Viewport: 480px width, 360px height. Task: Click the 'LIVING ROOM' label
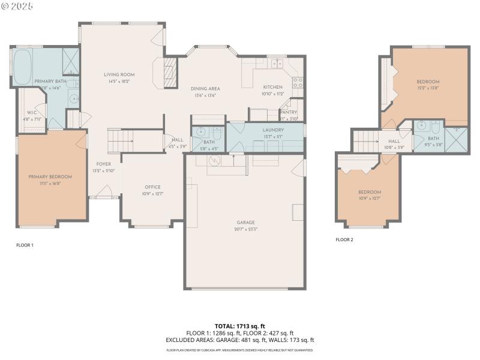pyautogui.click(x=118, y=74)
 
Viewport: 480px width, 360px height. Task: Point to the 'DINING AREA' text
pyautogui.click(x=205, y=89)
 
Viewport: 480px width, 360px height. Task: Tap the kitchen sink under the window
pyautogui.click(x=277, y=64)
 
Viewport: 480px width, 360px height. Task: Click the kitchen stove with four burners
pyautogui.click(x=296, y=83)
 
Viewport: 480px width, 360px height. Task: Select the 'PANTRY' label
pyautogui.click(x=289, y=112)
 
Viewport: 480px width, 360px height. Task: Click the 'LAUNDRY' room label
pyautogui.click(x=273, y=130)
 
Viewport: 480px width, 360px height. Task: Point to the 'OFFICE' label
pyautogui.click(x=152, y=187)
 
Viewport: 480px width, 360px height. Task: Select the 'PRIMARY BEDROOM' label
pyautogui.click(x=50, y=176)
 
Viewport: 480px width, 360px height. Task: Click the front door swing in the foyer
pyautogui.click(x=103, y=192)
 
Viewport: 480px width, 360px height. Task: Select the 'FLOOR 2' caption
pyautogui.click(x=344, y=239)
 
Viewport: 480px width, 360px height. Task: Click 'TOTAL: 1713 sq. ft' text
pyautogui.click(x=240, y=326)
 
